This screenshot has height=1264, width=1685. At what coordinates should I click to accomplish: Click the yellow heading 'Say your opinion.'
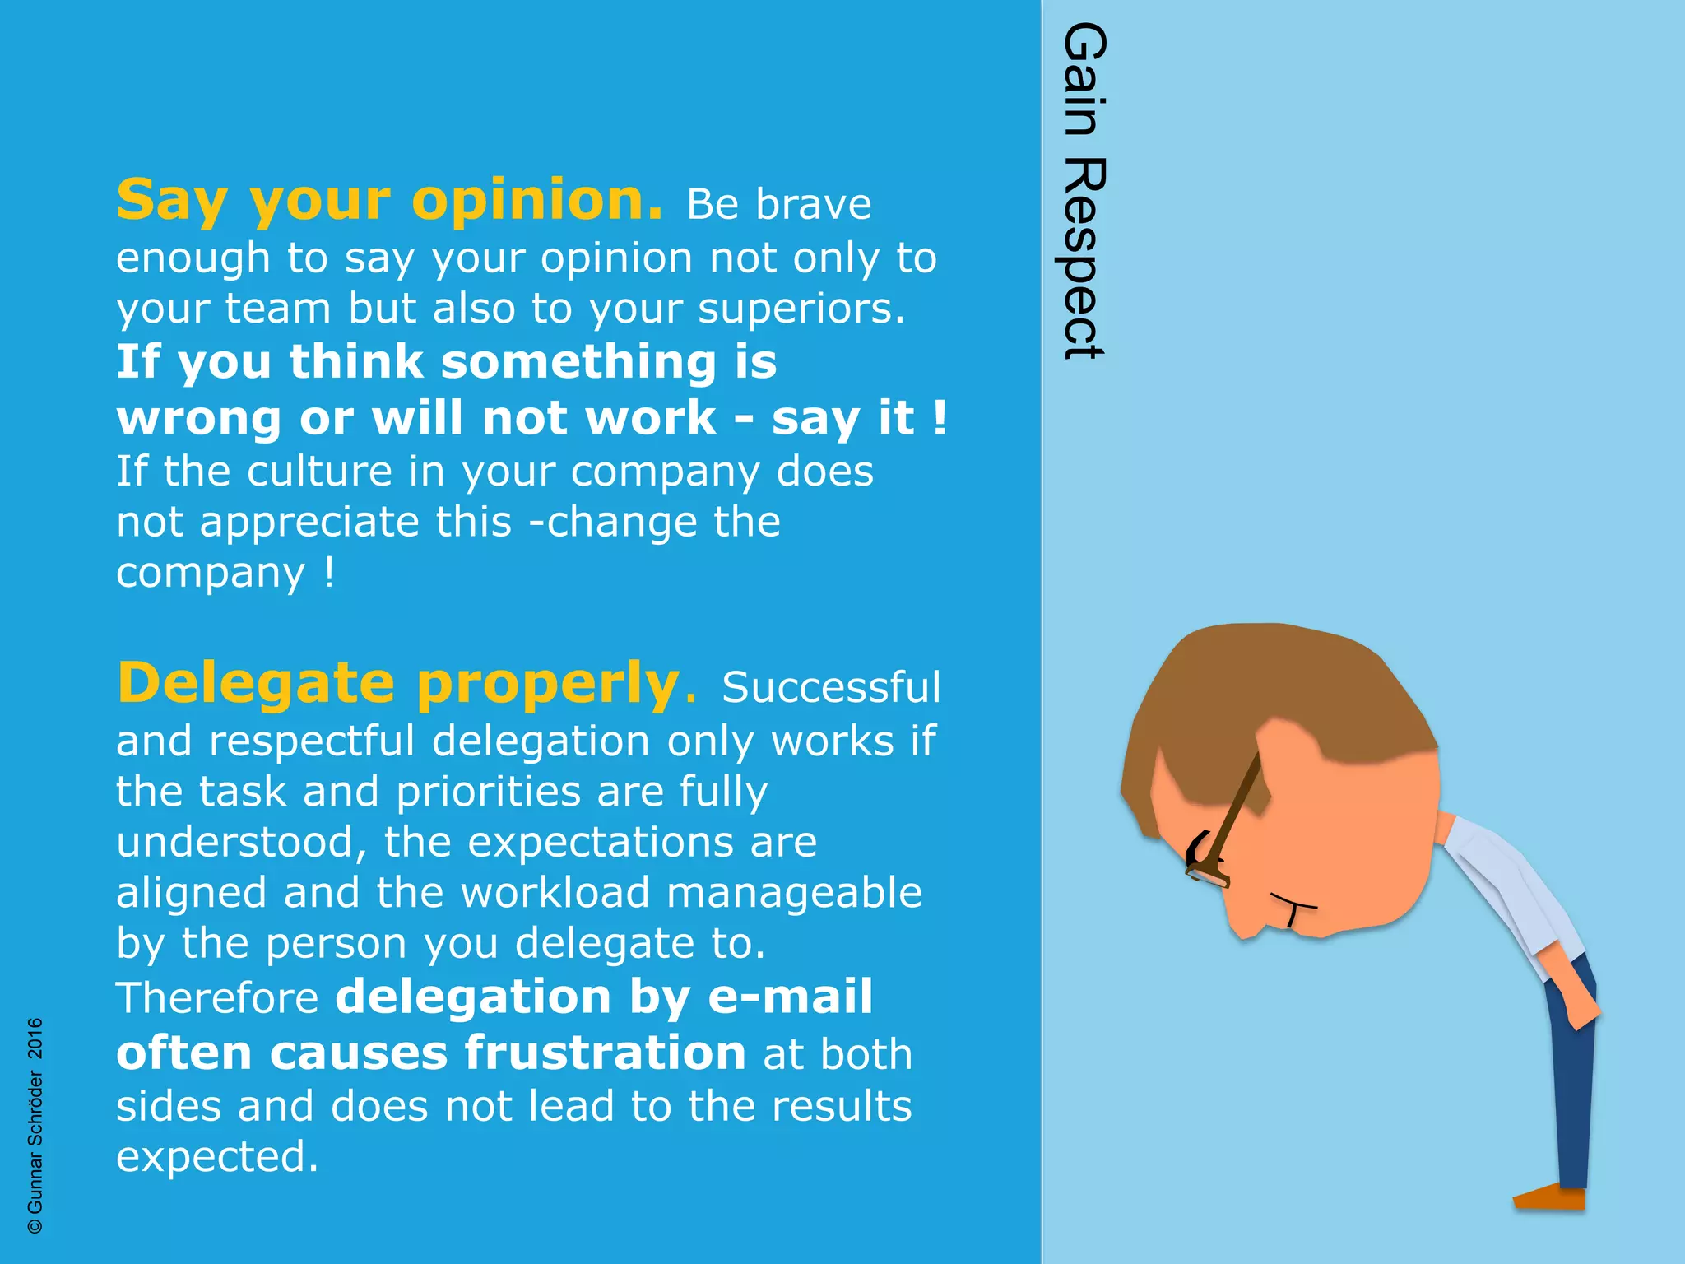click(x=388, y=201)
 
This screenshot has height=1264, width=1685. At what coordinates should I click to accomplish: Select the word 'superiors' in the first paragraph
click(x=801, y=309)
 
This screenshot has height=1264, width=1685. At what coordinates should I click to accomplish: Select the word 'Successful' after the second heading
click(x=831, y=688)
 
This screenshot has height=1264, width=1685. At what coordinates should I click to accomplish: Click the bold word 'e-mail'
click(x=790, y=997)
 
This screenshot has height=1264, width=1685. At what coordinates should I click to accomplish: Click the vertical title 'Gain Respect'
click(x=1084, y=191)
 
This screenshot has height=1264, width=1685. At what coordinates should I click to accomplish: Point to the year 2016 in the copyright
click(x=35, y=1038)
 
